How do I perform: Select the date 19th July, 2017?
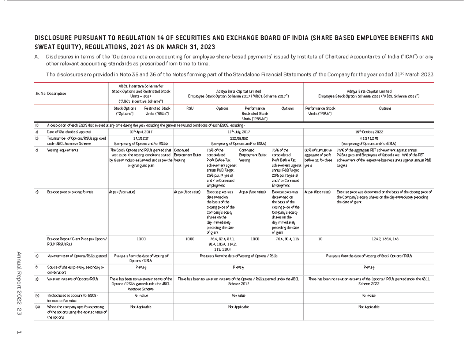tap(239, 132)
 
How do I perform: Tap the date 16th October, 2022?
tap(369, 132)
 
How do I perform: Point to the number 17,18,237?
tap(140, 138)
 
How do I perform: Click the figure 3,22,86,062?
tap(239, 138)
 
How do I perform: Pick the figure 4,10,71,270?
tap(369, 138)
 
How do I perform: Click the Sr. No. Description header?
tap(50, 94)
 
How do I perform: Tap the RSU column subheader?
tap(190, 108)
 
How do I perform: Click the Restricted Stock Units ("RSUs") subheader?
tap(157, 111)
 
